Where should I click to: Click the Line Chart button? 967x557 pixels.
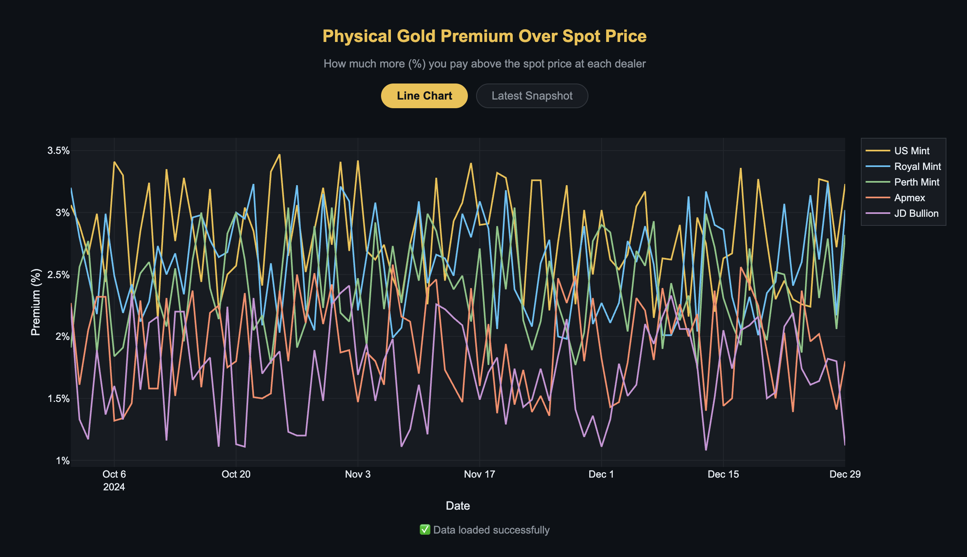point(424,96)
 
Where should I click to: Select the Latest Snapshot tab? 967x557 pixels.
point(532,96)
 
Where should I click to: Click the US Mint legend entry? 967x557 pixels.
point(911,151)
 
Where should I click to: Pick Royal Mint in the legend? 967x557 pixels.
point(917,167)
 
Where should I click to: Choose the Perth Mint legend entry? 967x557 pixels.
point(916,182)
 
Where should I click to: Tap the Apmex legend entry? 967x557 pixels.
point(909,198)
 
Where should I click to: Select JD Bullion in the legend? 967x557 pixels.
point(916,214)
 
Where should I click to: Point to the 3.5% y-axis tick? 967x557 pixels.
point(58,151)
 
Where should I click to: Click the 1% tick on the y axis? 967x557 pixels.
point(63,461)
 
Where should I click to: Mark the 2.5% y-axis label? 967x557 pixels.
point(58,275)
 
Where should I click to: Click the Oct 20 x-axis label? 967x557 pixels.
point(236,474)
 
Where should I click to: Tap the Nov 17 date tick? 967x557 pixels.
point(479,474)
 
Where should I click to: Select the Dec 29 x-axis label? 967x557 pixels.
point(845,474)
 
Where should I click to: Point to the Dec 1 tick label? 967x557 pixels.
point(601,474)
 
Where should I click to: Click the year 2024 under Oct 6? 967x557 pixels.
point(114,487)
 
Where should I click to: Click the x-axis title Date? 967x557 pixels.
point(458,506)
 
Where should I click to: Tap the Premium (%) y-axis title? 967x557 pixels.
point(36,302)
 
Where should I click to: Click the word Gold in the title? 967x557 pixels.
point(416,36)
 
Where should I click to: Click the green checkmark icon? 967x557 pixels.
point(425,530)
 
